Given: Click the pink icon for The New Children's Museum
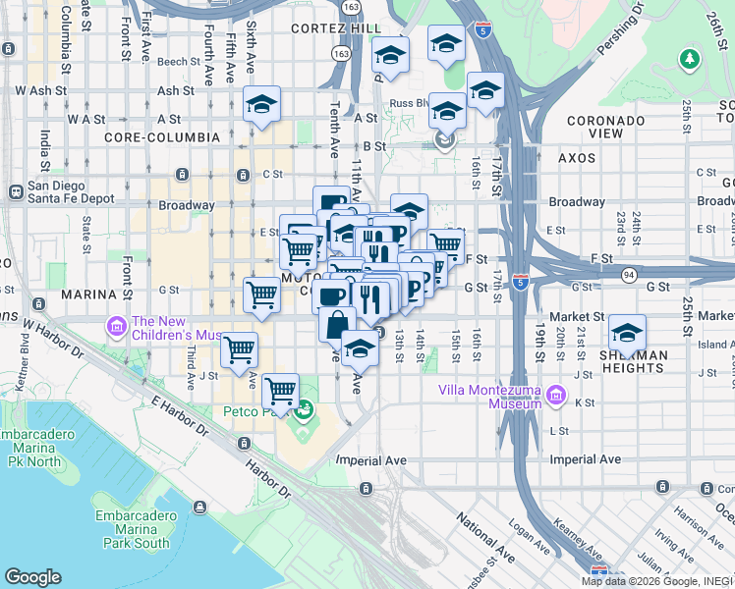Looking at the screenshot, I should pyautogui.click(x=116, y=325).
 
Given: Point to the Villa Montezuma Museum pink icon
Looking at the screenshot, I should pyautogui.click(x=557, y=396).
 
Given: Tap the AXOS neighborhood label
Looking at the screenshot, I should pyautogui.click(x=577, y=157).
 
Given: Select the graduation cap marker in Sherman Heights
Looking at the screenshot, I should pyautogui.click(x=627, y=333).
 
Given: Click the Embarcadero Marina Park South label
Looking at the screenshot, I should pyautogui.click(x=133, y=529).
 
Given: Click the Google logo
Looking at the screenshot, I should pyautogui.click(x=32, y=577).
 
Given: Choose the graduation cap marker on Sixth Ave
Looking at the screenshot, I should pyautogui.click(x=262, y=104).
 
